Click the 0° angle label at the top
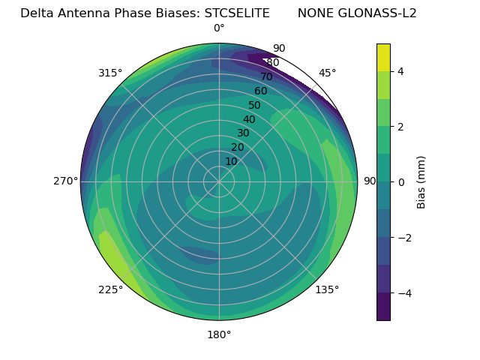tap(219, 28)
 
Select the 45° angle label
tap(328, 73)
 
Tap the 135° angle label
tap(327, 289)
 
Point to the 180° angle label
tap(219, 334)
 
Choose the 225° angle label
tap(110, 290)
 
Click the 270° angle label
tap(65, 181)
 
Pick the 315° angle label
tap(110, 73)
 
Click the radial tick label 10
tap(231, 161)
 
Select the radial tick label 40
tap(249, 119)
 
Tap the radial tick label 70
tap(266, 77)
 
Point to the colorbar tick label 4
tap(401, 71)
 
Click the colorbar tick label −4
tap(403, 292)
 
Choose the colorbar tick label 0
tap(401, 181)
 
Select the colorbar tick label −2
tap(403, 237)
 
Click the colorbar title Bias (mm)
tap(421, 181)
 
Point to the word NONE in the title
tap(315, 13)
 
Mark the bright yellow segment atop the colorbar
tap(383, 57)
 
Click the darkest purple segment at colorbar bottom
tap(383, 306)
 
